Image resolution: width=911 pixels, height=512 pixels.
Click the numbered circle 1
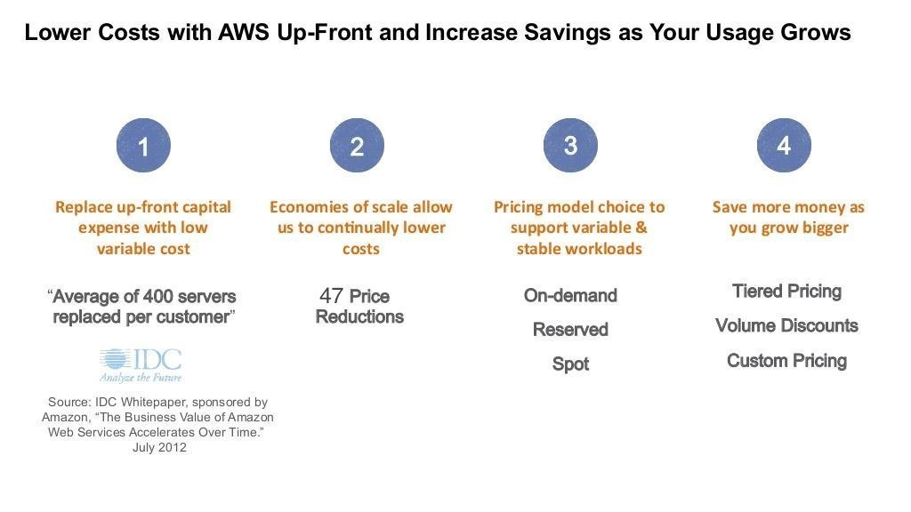pyautogui.click(x=143, y=145)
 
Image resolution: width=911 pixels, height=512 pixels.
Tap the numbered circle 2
pyautogui.click(x=357, y=145)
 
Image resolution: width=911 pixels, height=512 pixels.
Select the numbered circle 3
pyautogui.click(x=570, y=145)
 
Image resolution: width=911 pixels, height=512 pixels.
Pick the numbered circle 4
pyautogui.click(x=784, y=145)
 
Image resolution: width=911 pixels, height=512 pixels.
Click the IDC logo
pyautogui.click(x=141, y=365)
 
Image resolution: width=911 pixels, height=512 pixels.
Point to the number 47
pyautogui.click(x=331, y=295)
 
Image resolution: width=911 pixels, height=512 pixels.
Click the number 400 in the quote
pyautogui.click(x=158, y=296)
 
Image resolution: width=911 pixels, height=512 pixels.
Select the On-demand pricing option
pyautogui.click(x=570, y=295)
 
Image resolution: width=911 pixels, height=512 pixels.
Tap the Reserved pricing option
pyautogui.click(x=570, y=330)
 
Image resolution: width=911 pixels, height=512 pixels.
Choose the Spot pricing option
pyautogui.click(x=570, y=364)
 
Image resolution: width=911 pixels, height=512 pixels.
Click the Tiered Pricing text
pyautogui.click(x=786, y=292)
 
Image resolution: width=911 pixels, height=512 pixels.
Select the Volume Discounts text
pyautogui.click(x=786, y=325)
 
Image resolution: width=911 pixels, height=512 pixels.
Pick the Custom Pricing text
pyautogui.click(x=786, y=361)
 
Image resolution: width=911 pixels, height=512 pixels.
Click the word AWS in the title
pyautogui.click(x=244, y=33)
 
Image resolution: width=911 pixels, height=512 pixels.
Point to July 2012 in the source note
pyautogui.click(x=160, y=448)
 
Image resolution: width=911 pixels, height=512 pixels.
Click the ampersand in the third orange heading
pyautogui.click(x=641, y=228)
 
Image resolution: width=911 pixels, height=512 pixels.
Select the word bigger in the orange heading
pyautogui.click(x=825, y=228)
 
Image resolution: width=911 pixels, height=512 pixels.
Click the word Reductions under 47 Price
pyautogui.click(x=359, y=317)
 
